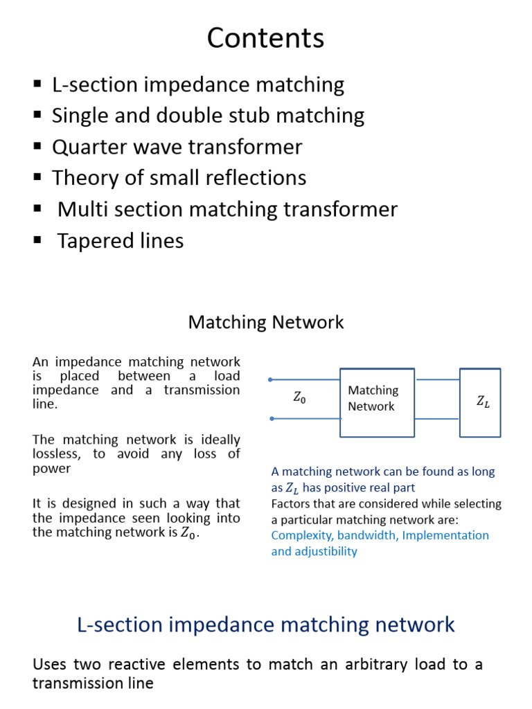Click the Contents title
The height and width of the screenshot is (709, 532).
pyautogui.click(x=265, y=39)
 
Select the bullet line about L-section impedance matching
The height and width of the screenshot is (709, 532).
pyautogui.click(x=197, y=85)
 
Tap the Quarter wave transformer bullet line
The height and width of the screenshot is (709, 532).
pyautogui.click(x=177, y=147)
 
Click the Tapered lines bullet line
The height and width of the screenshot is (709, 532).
pyautogui.click(x=120, y=241)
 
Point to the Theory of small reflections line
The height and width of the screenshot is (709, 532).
pyautogui.click(x=179, y=178)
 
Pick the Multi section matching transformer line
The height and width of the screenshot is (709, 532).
pyautogui.click(x=227, y=209)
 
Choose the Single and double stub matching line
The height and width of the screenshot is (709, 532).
pyautogui.click(x=208, y=116)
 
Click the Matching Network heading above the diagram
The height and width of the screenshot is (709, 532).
pyautogui.click(x=266, y=323)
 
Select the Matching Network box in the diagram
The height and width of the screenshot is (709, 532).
pyautogui.click(x=377, y=402)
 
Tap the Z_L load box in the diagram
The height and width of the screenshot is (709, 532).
pyautogui.click(x=480, y=402)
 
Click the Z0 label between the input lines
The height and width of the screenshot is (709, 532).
pyautogui.click(x=299, y=398)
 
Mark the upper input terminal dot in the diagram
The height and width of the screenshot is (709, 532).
pyautogui.click(x=270, y=379)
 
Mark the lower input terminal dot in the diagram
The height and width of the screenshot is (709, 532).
pyautogui.click(x=270, y=418)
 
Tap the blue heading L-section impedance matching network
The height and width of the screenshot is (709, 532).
pyautogui.click(x=266, y=625)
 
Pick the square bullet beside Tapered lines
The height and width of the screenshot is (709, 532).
pyautogui.click(x=37, y=240)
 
